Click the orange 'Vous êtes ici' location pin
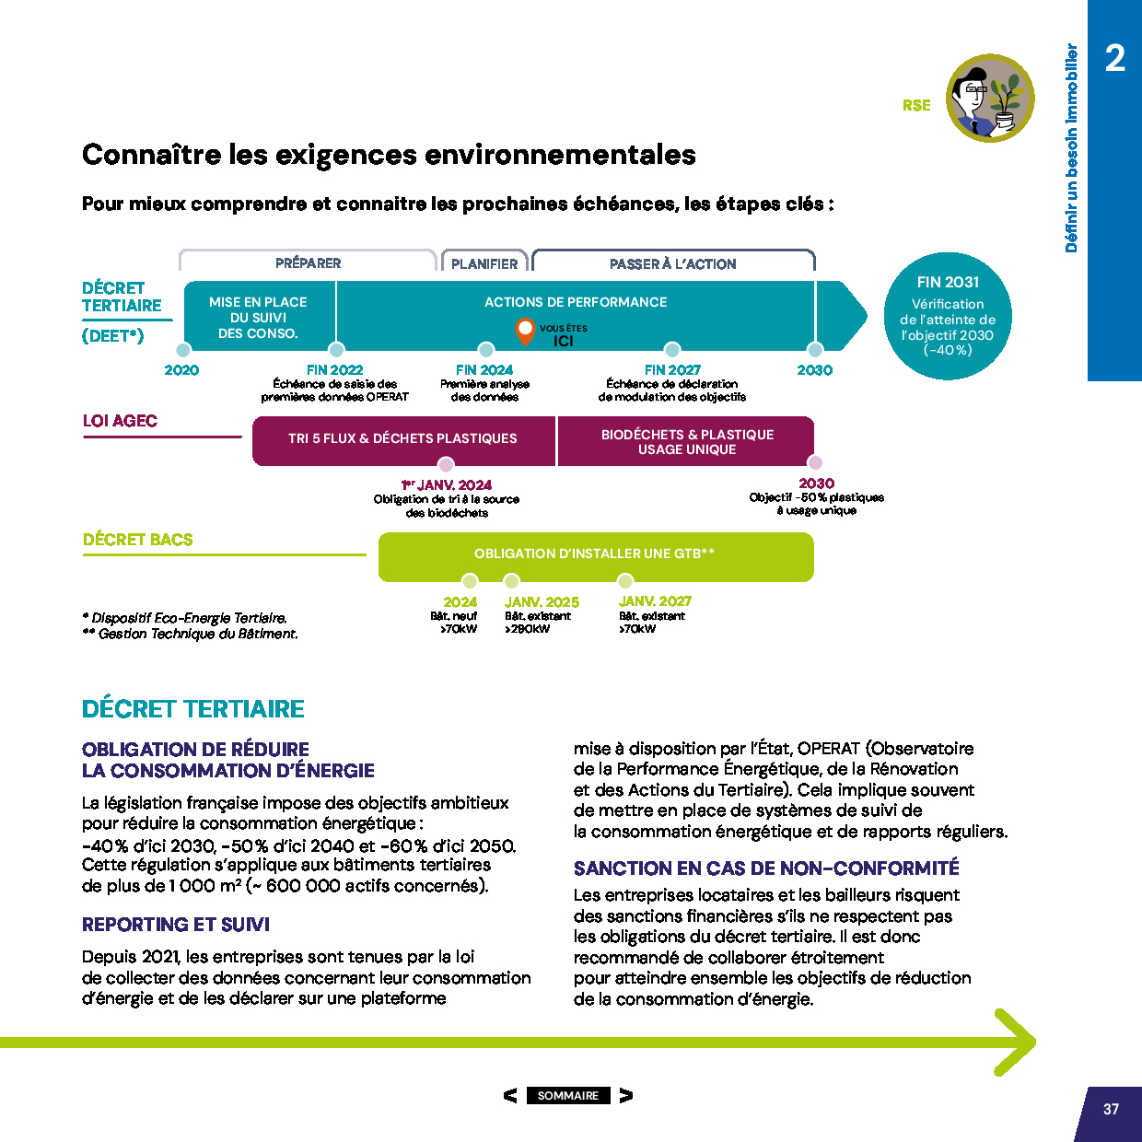[525, 329]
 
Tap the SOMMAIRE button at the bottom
[567, 1095]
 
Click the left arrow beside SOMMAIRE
[510, 1095]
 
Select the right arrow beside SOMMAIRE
[626, 1095]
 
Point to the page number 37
[1111, 1109]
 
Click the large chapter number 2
[1114, 59]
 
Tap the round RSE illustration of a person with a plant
[990, 98]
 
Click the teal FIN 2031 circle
[948, 316]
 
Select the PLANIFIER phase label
[484, 263]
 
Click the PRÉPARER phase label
[308, 263]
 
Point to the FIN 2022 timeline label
[334, 370]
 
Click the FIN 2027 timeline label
[672, 370]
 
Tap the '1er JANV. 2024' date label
[447, 485]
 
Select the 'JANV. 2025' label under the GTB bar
[542, 602]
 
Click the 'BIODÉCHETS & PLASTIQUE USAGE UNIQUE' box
[687, 441]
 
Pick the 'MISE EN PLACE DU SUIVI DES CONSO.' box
[259, 317]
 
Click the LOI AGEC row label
[120, 421]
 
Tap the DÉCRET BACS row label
[138, 540]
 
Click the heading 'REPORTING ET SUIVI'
[176, 925]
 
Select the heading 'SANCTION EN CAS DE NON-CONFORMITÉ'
[766, 868]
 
